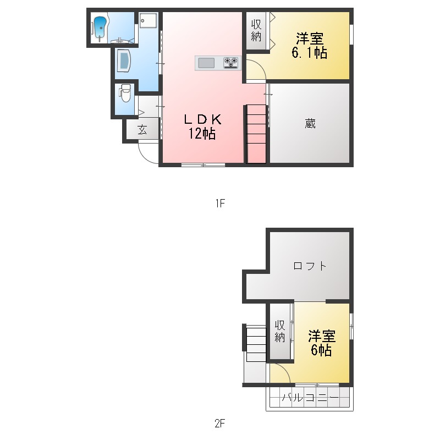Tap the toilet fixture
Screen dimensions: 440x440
pos(125,93)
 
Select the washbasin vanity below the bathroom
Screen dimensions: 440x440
pos(124,61)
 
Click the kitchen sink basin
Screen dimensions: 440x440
pos(206,63)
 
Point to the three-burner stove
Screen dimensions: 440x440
pos(231,63)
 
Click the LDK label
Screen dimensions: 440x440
pos(202,119)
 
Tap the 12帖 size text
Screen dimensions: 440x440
pos(202,134)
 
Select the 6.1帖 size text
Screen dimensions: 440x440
pos(309,52)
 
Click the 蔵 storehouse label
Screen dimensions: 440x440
pos(310,123)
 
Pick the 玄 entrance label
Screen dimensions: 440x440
pos(142,129)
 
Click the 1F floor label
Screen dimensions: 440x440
pos(221,203)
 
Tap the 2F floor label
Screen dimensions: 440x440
pos(220,423)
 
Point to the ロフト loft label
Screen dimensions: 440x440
pos(310,266)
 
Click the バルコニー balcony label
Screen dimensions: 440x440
pos(310,398)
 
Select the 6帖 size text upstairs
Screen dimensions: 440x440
pos(321,350)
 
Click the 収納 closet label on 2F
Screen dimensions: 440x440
pos(280,331)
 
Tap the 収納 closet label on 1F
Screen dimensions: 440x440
pos(256,30)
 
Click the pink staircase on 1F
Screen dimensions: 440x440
pos(256,134)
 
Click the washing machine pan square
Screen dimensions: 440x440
pos(148,20)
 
